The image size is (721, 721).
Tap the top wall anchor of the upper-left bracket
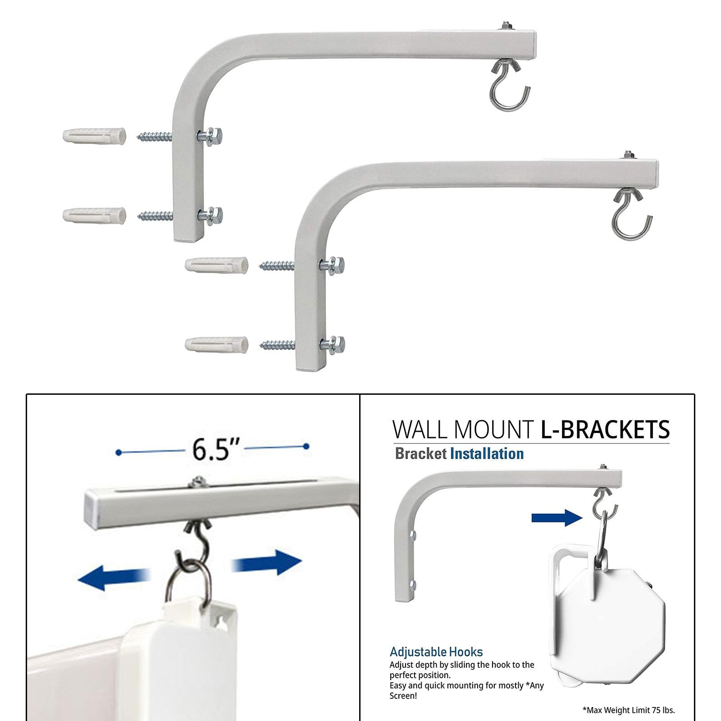click(94, 136)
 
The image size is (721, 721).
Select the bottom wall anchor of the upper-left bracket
click(94, 215)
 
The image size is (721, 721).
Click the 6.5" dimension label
click(212, 449)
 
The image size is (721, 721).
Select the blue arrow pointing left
click(114, 578)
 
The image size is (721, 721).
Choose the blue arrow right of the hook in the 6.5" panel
click(266, 563)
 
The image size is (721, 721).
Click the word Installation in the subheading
click(487, 454)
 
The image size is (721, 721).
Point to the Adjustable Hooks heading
click(436, 652)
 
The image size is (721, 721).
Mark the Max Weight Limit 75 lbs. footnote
click(629, 710)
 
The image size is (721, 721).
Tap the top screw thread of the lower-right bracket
click(277, 266)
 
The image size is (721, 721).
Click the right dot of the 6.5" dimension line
click(306, 447)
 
